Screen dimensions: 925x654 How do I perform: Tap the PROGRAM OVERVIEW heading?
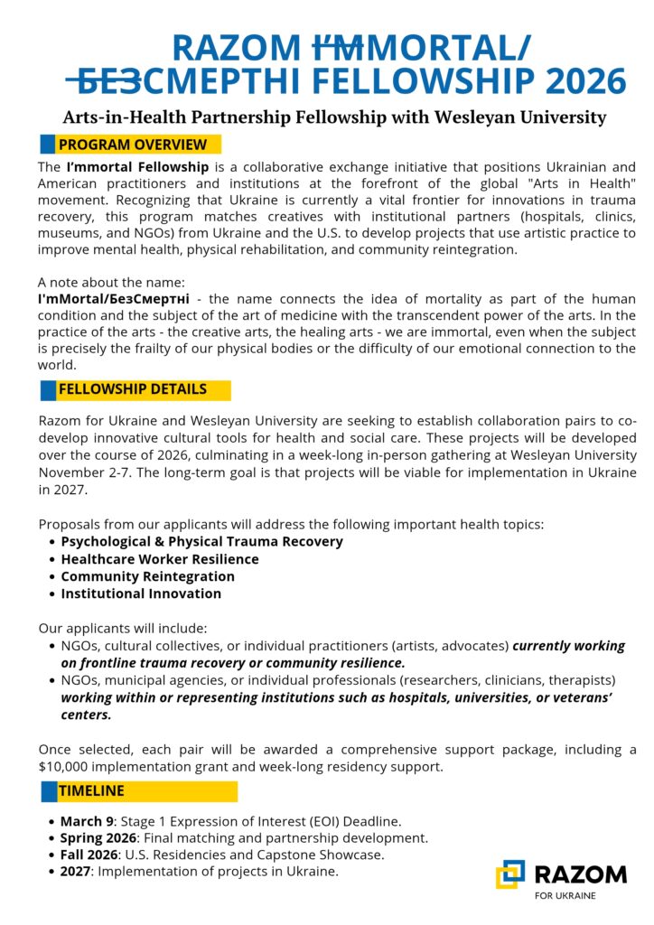(x=133, y=145)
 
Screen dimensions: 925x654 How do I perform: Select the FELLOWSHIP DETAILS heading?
(x=133, y=389)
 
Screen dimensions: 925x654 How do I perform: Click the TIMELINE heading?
(x=92, y=790)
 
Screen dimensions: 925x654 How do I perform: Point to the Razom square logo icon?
(x=510, y=874)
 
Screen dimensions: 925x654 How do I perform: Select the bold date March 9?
(x=87, y=821)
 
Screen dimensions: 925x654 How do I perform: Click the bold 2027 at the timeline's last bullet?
(x=76, y=871)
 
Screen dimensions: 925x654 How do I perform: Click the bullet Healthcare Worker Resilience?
(x=160, y=559)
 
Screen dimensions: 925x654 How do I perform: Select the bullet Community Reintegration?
(x=147, y=576)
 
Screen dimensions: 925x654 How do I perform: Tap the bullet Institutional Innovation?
(x=141, y=593)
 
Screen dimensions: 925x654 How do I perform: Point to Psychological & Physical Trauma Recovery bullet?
(x=201, y=542)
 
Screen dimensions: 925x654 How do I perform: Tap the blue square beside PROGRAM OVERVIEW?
(x=47, y=145)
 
